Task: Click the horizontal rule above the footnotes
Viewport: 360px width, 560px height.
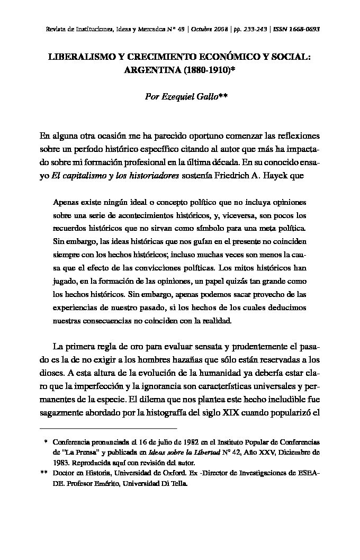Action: click(x=109, y=428)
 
